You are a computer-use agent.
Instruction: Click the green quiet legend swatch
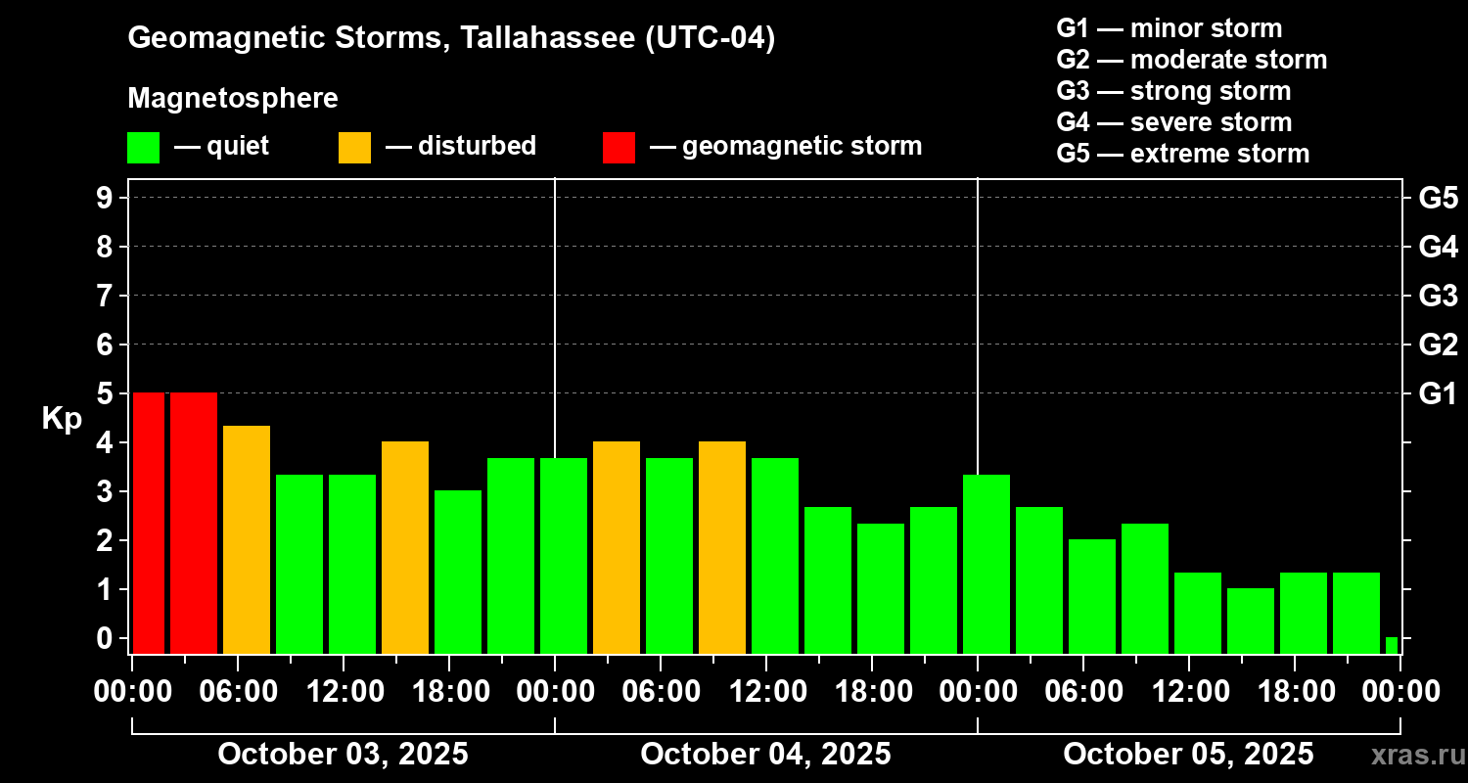pyautogui.click(x=143, y=147)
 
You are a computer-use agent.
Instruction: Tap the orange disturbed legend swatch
pyautogui.click(x=354, y=147)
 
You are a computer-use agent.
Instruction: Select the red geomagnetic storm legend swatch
pyautogui.click(x=619, y=147)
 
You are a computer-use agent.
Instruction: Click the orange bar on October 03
pyautogui.click(x=247, y=538)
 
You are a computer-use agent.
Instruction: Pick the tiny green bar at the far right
pyautogui.click(x=1392, y=645)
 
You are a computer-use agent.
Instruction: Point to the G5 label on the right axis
pyautogui.click(x=1438, y=198)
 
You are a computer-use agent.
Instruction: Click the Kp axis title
pyautogui.click(x=62, y=418)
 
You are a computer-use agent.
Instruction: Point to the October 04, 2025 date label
pyautogui.click(x=765, y=754)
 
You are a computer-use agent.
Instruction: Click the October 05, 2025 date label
pyautogui.click(x=1188, y=754)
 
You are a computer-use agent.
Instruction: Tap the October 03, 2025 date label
pyautogui.click(x=343, y=754)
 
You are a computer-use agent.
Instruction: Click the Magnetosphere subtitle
pyautogui.click(x=233, y=99)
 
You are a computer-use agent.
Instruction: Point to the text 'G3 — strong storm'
pyautogui.click(x=1173, y=91)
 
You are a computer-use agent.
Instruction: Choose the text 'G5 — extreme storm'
pyautogui.click(x=1182, y=154)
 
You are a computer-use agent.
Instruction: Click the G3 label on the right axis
pyautogui.click(x=1438, y=296)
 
